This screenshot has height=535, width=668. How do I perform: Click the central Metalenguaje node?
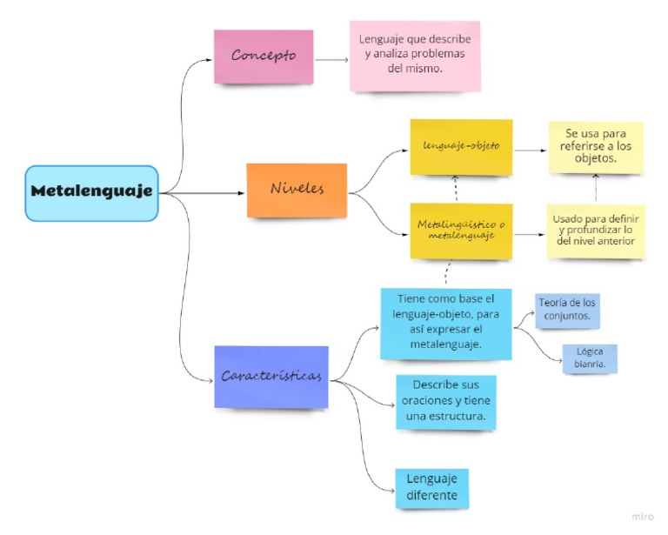click(x=91, y=193)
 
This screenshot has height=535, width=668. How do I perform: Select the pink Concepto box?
click(x=264, y=57)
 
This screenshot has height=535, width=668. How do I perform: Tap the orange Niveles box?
click(x=297, y=191)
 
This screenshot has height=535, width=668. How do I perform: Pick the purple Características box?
click(x=271, y=377)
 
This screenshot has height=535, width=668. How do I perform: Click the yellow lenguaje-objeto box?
click(x=461, y=147)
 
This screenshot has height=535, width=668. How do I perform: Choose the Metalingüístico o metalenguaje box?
click(x=461, y=231)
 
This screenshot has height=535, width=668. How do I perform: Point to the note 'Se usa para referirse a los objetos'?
click(x=596, y=147)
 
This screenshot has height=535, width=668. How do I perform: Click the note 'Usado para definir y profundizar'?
click(x=596, y=231)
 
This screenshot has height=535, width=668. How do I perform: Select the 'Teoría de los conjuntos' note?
click(x=567, y=311)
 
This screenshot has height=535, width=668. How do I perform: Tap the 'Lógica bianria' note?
click(x=590, y=358)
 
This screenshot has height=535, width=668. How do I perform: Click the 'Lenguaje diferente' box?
click(x=432, y=488)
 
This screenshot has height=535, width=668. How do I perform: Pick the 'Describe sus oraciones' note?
click(x=446, y=402)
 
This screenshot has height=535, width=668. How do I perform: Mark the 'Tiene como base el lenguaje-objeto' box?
click(x=446, y=324)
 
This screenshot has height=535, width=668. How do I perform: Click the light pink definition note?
click(x=415, y=57)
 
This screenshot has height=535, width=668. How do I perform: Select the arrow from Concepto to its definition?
click(x=331, y=60)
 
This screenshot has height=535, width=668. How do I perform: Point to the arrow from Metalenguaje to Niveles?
click(x=202, y=193)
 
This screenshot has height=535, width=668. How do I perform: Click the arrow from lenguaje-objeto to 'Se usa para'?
click(x=531, y=150)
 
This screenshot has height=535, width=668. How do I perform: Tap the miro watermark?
click(x=643, y=517)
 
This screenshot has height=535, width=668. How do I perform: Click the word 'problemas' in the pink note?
click(x=438, y=54)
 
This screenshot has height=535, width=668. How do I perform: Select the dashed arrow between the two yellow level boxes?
click(x=456, y=189)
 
